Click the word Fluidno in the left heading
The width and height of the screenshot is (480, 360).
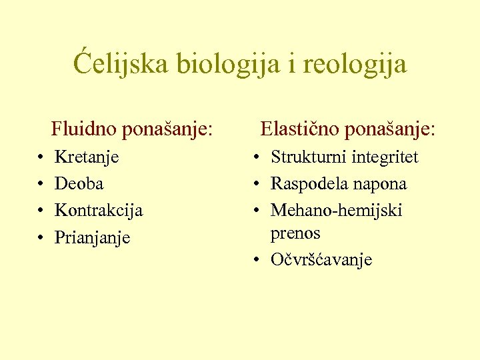click(x=85, y=128)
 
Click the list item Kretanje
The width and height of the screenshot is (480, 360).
click(x=87, y=157)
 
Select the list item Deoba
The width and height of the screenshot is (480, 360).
click(x=79, y=183)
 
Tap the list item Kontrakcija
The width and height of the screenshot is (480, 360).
click(x=99, y=210)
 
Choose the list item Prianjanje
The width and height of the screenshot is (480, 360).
click(x=92, y=237)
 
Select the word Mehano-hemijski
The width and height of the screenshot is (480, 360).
click(x=336, y=210)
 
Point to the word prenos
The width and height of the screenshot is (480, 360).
click(x=295, y=234)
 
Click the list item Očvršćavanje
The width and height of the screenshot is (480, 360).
click(x=321, y=260)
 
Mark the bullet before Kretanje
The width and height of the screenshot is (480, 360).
click(x=41, y=158)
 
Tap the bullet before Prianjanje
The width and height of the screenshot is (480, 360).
click(x=41, y=237)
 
